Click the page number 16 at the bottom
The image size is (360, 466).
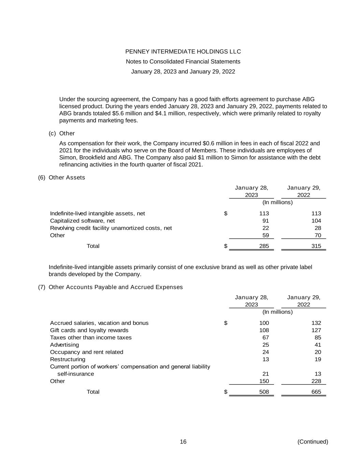pos(183,442)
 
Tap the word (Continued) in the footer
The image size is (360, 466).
pos(313,442)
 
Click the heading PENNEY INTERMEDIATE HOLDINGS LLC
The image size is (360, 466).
pos(183,52)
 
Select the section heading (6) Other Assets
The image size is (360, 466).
pos(61,178)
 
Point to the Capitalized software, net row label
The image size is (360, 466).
pos(82,221)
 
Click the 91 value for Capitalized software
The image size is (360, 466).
pos(265,221)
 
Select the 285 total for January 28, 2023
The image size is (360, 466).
pos(264,246)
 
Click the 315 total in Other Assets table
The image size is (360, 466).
pos(316,246)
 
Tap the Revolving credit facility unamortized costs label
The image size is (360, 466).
pos(111,228)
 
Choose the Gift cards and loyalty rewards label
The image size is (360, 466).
pos(89,330)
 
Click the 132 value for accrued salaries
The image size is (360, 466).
pos(316,323)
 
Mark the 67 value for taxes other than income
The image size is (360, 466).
pos(265,338)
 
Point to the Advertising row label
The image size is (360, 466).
pos(64,345)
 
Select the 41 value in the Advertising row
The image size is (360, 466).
pos(318,345)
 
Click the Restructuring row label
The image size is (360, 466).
pos(68,359)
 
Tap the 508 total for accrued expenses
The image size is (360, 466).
pos(264,392)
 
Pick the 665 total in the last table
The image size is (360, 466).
pos(316,392)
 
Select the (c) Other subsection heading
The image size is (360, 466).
pos(62,133)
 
